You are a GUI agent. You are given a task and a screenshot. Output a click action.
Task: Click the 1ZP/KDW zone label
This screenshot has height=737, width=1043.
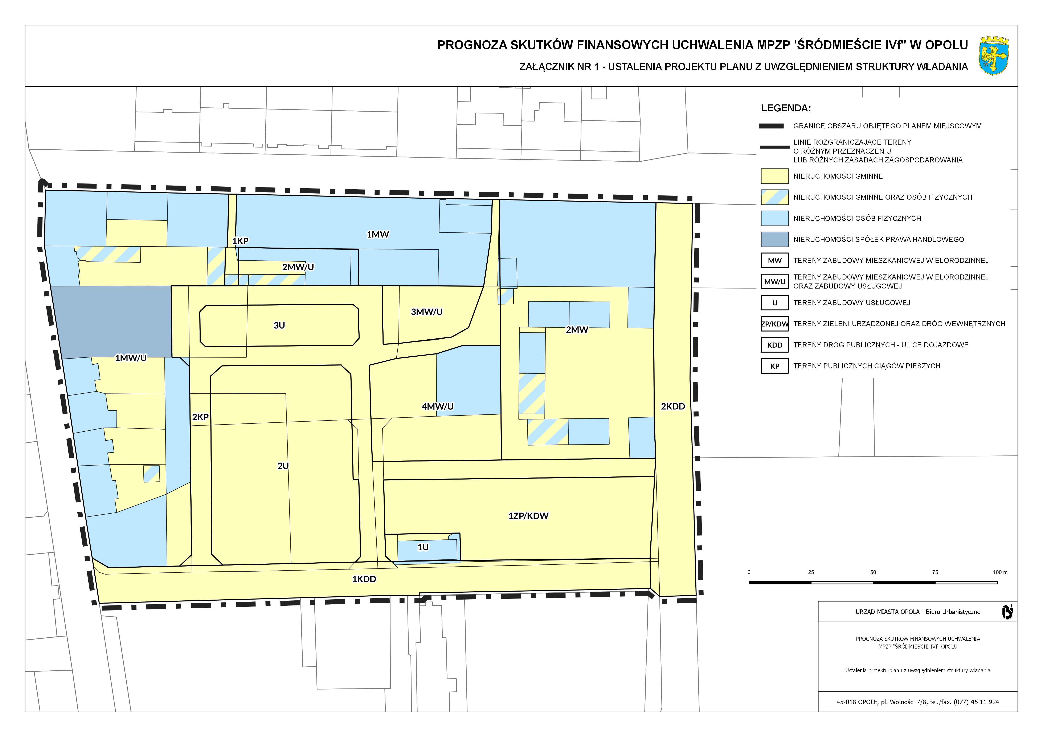(528, 516)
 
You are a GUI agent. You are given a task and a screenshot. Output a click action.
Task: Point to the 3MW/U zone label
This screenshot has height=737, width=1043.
(427, 312)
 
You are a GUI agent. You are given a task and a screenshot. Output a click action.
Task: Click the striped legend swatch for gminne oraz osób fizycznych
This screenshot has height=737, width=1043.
(774, 197)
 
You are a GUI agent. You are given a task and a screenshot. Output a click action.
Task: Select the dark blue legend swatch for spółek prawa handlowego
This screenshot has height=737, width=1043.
(774, 239)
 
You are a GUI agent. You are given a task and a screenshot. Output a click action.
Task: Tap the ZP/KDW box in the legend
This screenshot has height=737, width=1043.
(774, 324)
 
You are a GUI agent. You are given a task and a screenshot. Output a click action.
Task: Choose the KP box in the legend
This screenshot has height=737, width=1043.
(774, 366)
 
